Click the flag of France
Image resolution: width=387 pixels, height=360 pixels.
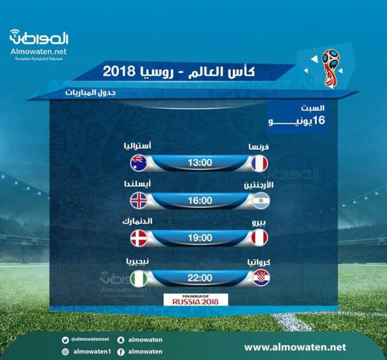tap(259, 163)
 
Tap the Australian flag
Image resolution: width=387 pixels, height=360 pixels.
tap(139, 163)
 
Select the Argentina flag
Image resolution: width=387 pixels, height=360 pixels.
tap(261, 201)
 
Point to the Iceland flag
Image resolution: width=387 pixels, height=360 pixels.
tap(139, 200)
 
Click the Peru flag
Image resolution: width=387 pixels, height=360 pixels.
tap(259, 238)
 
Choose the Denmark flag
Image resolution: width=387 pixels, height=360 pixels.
tap(139, 238)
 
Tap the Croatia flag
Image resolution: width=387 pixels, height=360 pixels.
tap(261, 278)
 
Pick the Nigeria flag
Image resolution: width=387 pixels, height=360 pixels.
tap(139, 279)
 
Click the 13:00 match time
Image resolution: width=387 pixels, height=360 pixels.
tap(200, 163)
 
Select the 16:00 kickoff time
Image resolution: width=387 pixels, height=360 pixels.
tap(200, 200)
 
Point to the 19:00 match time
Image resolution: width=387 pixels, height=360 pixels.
tap(200, 238)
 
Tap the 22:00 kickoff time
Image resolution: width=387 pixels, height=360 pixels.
tap(200, 278)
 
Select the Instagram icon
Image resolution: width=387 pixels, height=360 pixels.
tap(65, 352)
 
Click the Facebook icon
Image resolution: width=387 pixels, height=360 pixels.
tap(120, 352)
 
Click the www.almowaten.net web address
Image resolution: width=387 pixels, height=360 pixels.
tap(295, 347)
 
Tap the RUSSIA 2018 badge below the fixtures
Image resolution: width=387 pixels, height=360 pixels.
tap(196, 300)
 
